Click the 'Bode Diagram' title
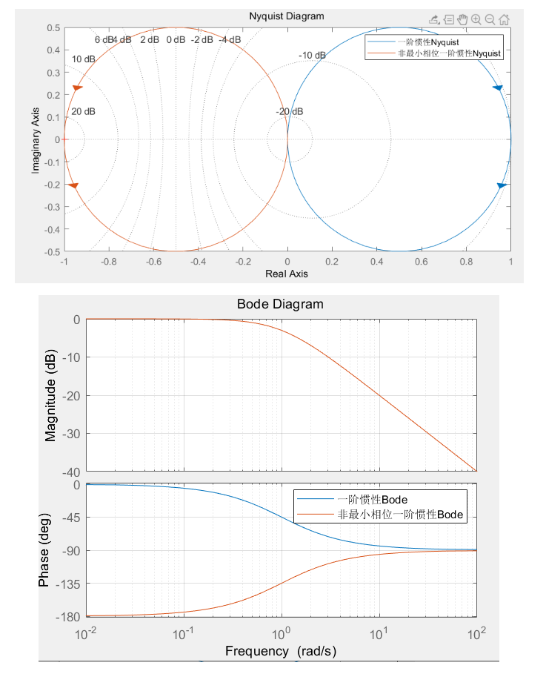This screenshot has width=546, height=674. pos(280,304)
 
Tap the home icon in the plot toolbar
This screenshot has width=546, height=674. pos(504,20)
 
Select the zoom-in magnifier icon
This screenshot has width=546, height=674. pos(476,20)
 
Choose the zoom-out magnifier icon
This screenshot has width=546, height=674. pos(490,20)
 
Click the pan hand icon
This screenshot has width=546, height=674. pos(462,20)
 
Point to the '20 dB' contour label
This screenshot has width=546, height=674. pos(83,111)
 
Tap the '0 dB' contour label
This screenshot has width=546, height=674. pos(176,39)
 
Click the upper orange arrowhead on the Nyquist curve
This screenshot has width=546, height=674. pos(77,89)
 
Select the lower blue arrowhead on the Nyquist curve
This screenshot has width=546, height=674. pos(502,185)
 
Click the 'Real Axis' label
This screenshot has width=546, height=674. pos(287,274)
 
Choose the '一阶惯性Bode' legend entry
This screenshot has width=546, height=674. pos(373,499)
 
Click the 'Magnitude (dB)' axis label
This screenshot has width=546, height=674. pos(50,395)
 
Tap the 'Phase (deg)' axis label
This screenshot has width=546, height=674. pos(44,549)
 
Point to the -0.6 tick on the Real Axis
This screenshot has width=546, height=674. pos(153,261)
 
